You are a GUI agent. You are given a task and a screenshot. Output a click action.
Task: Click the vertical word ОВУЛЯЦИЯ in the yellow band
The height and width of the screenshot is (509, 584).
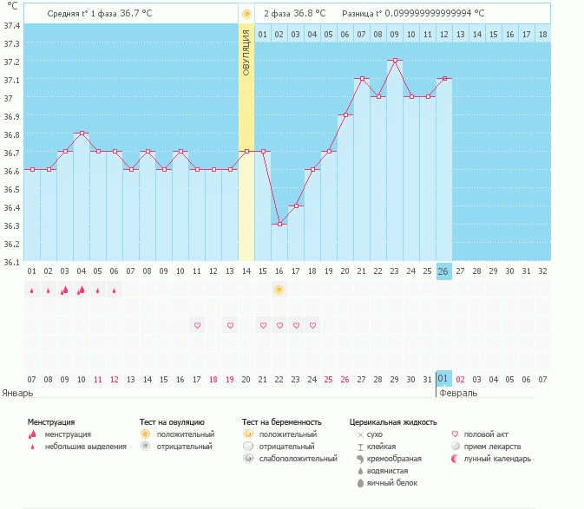246,52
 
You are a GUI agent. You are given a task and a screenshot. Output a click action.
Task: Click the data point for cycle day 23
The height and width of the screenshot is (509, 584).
395,61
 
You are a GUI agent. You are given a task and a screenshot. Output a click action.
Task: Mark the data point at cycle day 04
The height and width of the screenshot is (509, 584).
81,134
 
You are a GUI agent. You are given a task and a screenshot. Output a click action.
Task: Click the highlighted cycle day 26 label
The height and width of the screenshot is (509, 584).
443,271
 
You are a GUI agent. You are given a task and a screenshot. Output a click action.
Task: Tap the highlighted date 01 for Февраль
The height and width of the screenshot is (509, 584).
443,379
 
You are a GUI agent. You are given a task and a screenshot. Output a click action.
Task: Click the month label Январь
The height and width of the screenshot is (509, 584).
17,393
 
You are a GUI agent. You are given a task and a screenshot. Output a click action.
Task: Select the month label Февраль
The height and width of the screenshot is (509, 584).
457,393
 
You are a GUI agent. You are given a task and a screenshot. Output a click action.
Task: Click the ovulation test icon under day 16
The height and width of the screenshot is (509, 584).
279,290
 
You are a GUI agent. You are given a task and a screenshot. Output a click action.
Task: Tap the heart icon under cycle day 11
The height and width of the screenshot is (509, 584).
197,325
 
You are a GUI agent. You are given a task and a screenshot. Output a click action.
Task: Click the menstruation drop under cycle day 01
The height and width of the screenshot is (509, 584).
31,290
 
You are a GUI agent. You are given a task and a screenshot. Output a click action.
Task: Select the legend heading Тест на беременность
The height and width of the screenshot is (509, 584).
285,421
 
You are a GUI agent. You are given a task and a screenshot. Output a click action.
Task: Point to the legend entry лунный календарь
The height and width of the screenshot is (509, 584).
495,458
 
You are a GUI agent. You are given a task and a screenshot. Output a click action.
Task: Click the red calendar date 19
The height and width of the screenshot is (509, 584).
230,379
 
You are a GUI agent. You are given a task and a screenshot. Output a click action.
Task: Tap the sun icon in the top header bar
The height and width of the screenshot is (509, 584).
246,14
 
